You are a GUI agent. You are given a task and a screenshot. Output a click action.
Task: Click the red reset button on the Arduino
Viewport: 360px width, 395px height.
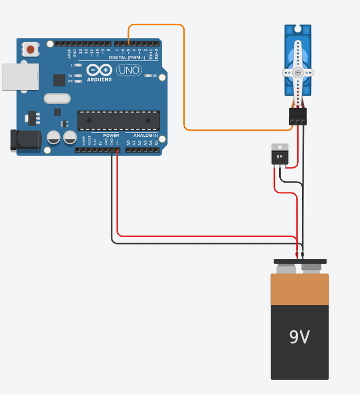pyautogui.click(x=31, y=50)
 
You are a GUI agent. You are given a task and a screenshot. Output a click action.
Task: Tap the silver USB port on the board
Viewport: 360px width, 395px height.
pyautogui.click(x=20, y=77)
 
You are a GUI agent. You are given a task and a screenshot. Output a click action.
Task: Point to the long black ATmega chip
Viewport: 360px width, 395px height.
pyautogui.click(x=118, y=120)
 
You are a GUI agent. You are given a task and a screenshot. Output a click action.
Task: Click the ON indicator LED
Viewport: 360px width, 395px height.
pyautogui.click(x=148, y=76)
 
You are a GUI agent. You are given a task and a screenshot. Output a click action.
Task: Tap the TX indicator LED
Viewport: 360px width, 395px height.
pyautogui.click(x=79, y=76)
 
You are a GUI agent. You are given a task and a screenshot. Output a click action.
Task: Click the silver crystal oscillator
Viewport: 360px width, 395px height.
pyautogui.click(x=56, y=98)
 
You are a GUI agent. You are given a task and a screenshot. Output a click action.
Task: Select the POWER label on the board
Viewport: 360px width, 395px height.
pyautogui.click(x=111, y=135)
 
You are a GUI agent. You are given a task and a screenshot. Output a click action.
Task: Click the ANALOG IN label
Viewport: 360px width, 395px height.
pyautogui.click(x=145, y=135)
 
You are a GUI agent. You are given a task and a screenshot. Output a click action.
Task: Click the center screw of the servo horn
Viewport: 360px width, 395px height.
pyautogui.click(x=298, y=72)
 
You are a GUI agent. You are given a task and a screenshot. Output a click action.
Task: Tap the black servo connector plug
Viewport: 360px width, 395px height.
pyautogui.click(x=298, y=117)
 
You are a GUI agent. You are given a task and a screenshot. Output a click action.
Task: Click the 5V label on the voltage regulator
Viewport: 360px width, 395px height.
pyautogui.click(x=280, y=157)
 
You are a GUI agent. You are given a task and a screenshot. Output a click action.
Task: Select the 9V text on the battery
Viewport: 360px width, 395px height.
pyautogui.click(x=299, y=337)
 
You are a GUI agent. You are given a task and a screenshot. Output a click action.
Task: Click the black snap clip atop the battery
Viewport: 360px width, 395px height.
pyautogui.click(x=300, y=261)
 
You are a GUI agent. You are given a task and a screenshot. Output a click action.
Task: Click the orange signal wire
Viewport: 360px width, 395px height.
pyautogui.click(x=184, y=79)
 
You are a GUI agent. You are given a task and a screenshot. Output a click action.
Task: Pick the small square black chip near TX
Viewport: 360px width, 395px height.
pyautogui.click(x=59, y=80)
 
